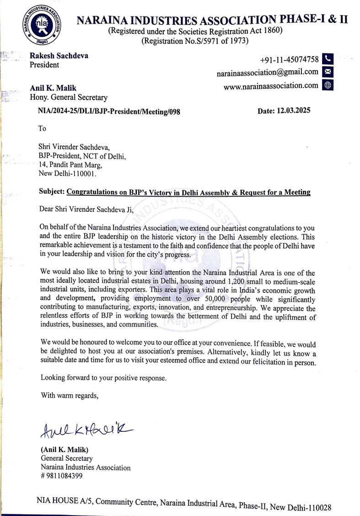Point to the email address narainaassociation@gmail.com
point(268,72)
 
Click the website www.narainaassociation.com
point(271,85)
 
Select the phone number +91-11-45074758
point(289,59)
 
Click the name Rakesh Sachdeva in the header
point(59,56)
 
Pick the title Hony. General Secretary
point(69,97)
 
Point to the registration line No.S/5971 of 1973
point(195,41)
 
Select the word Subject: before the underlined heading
point(52,193)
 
